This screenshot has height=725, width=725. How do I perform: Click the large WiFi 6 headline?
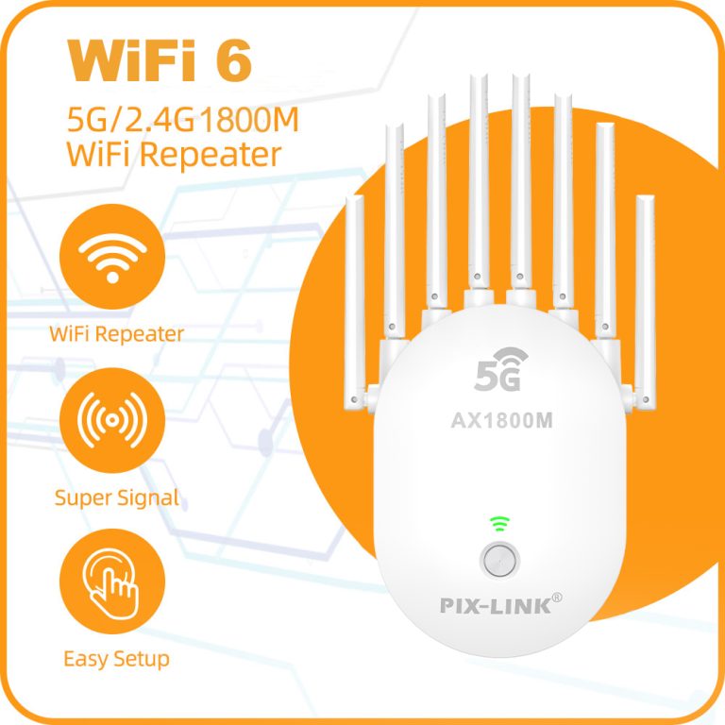pyautogui.click(x=160, y=60)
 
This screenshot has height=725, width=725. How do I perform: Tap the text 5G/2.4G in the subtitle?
pyautogui.click(x=131, y=120)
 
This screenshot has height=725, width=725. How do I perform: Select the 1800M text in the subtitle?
pyautogui.click(x=249, y=120)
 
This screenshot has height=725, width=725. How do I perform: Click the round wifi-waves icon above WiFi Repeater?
pyautogui.click(x=112, y=257)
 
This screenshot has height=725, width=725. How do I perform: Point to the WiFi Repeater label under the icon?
pyautogui.click(x=116, y=334)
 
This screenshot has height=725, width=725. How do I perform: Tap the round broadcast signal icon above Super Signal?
pyautogui.click(x=112, y=420)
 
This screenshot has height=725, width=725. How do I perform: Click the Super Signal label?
pyautogui.click(x=117, y=498)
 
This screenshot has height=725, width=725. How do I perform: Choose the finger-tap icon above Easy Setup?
pyautogui.click(x=112, y=582)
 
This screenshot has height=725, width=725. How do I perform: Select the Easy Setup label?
pyautogui.click(x=116, y=659)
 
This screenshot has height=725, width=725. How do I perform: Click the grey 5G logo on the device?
pyautogui.click(x=500, y=369)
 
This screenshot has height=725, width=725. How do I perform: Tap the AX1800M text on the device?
pyautogui.click(x=501, y=420)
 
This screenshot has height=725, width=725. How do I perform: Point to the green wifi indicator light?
pyautogui.click(x=499, y=524)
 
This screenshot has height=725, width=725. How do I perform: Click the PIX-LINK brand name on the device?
pyautogui.click(x=496, y=606)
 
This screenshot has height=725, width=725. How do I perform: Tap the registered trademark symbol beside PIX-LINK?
pyautogui.click(x=557, y=598)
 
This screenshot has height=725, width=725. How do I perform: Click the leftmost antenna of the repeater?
pyautogui.click(x=355, y=303)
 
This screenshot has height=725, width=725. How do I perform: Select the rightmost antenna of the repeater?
pyautogui.click(x=645, y=302)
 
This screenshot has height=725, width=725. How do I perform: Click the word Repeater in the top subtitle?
pyautogui.click(x=211, y=155)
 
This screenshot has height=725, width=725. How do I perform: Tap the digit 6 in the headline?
pyautogui.click(x=234, y=60)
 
